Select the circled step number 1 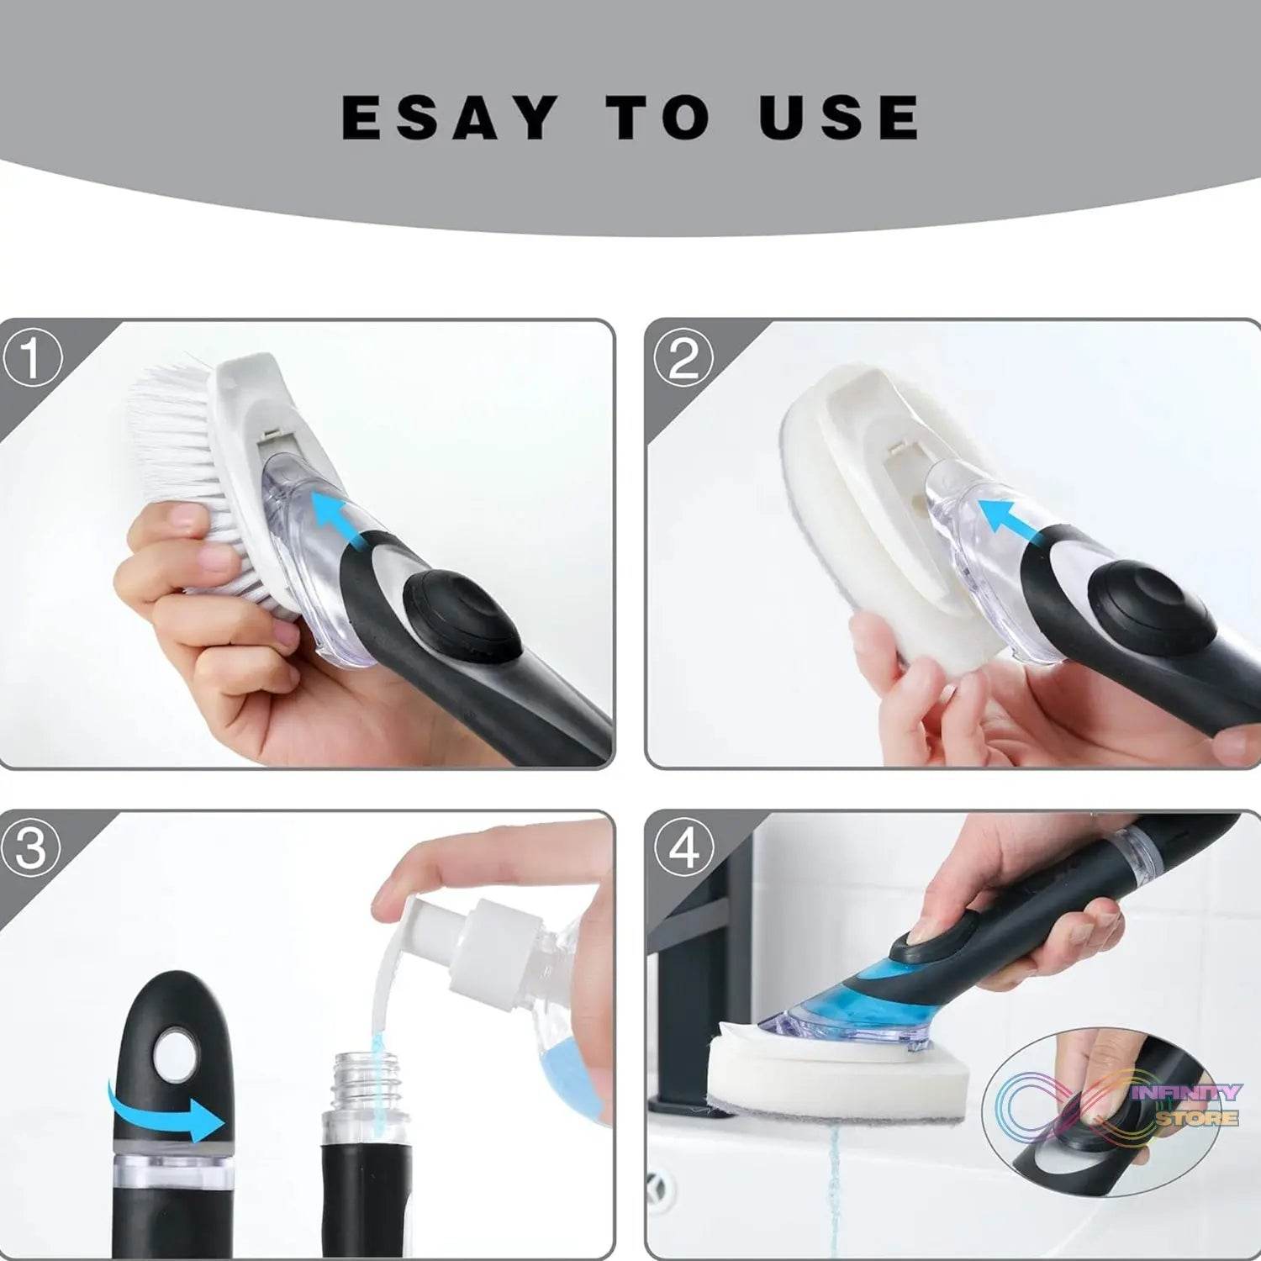click(32, 358)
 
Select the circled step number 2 click(683, 358)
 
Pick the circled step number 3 click(32, 849)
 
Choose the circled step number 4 click(683, 849)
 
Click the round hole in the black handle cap click(175, 1051)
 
